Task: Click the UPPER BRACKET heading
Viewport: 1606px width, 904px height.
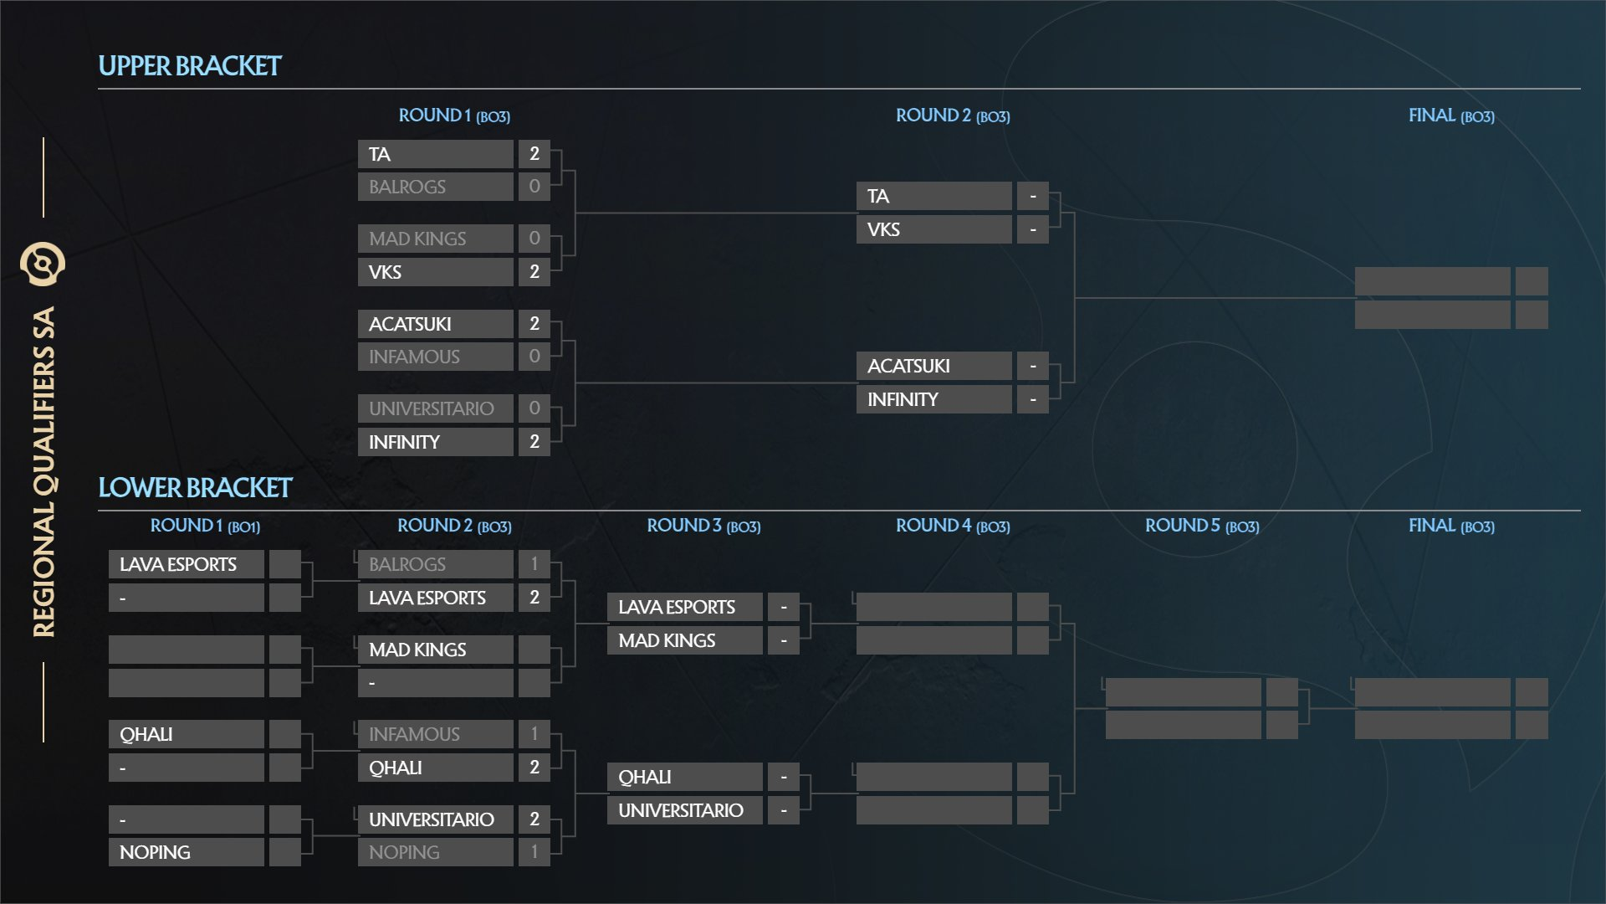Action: [x=190, y=66]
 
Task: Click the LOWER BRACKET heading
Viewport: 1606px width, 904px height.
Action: [x=195, y=488]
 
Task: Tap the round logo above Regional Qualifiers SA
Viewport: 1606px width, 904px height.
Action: [x=43, y=265]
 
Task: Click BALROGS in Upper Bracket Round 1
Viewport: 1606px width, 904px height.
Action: [x=407, y=187]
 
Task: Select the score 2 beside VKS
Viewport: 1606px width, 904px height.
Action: [x=534, y=272]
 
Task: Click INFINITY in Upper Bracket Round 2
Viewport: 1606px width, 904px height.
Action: [x=903, y=399]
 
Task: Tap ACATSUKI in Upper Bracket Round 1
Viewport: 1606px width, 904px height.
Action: [x=410, y=324]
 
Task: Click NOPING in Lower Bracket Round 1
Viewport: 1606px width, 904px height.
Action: [x=155, y=852]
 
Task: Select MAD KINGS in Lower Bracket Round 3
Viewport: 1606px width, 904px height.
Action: [x=667, y=640]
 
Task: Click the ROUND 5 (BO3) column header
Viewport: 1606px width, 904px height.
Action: [x=1202, y=526]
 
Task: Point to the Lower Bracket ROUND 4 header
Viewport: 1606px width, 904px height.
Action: [x=953, y=526]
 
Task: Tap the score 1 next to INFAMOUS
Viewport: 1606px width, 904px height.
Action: [x=534, y=734]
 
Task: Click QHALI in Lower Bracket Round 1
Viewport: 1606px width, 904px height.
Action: [x=146, y=734]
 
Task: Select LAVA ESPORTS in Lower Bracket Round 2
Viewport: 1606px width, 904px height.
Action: [x=427, y=598]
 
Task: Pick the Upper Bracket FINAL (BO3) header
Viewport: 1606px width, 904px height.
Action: [x=1451, y=116]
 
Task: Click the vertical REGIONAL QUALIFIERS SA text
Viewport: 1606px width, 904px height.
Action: [x=43, y=471]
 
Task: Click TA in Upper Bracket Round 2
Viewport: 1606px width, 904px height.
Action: [x=877, y=197]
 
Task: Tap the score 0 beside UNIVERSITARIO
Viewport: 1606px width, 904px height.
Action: [x=534, y=408]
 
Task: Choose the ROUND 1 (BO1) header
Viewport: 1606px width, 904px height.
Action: [x=205, y=526]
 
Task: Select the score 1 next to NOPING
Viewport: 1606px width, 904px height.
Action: [x=534, y=852]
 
